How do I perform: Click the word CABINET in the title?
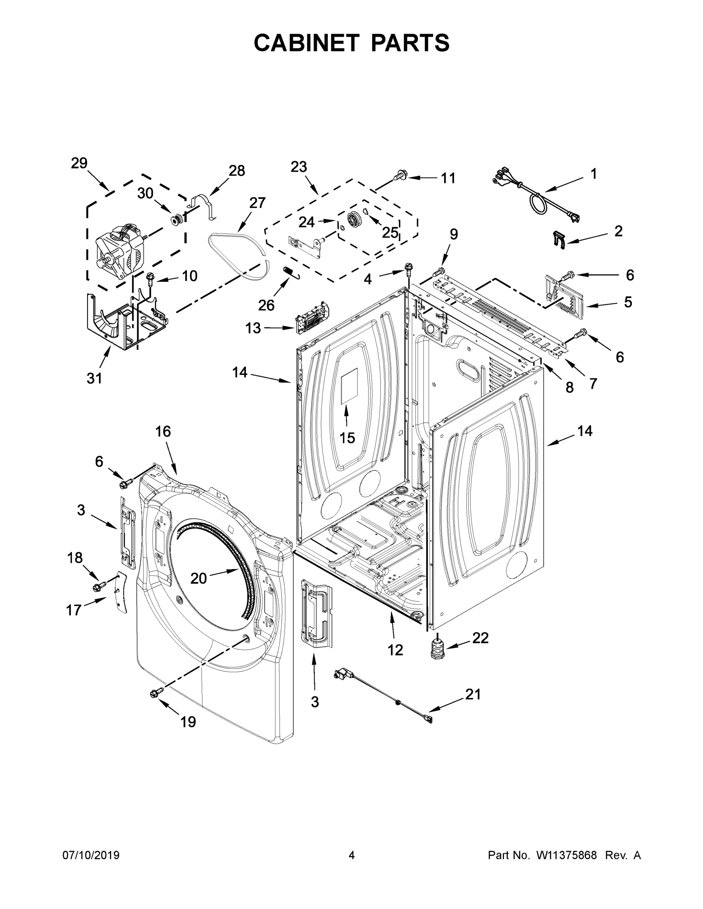pyautogui.click(x=306, y=42)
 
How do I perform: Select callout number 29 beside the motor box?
pyautogui.click(x=79, y=163)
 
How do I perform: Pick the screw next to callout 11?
pyautogui.click(x=401, y=176)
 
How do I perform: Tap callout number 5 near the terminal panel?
pyautogui.click(x=628, y=302)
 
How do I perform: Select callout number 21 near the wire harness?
pyautogui.click(x=473, y=694)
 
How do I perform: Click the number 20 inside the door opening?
pyautogui.click(x=198, y=578)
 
